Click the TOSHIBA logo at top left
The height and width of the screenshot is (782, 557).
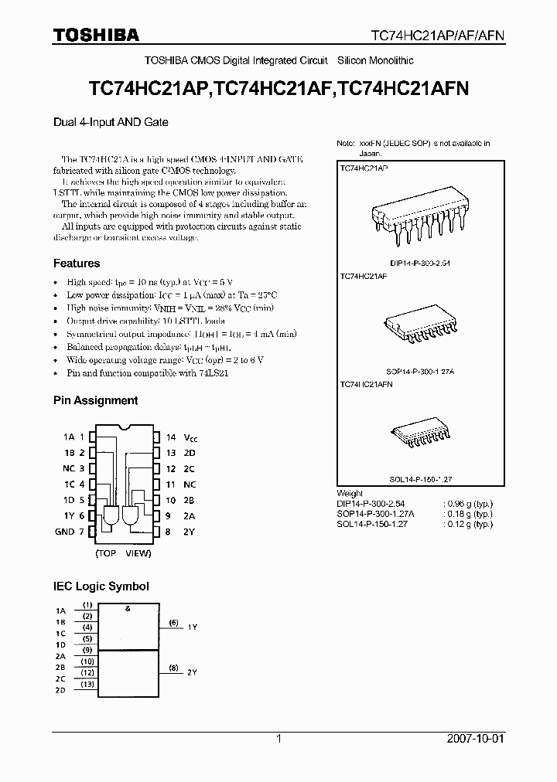(x=96, y=35)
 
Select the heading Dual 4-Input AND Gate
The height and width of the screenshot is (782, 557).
(x=111, y=121)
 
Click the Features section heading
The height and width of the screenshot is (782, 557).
(x=76, y=263)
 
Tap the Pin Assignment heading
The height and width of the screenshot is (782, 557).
(x=95, y=400)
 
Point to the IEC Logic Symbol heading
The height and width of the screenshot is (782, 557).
(x=101, y=587)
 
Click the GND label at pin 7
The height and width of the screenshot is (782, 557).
(x=65, y=532)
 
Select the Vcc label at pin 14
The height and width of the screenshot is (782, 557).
(x=191, y=437)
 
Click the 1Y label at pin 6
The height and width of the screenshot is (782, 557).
(x=69, y=515)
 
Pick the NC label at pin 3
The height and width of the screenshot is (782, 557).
(x=68, y=468)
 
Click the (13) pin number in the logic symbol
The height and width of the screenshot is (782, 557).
(x=87, y=684)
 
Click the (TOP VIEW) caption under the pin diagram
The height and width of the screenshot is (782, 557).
(x=123, y=554)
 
